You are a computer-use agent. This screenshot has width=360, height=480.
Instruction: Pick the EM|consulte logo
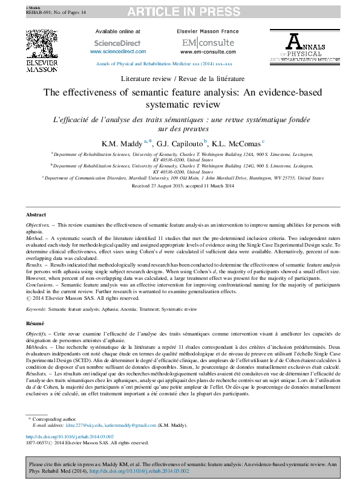point(201,43)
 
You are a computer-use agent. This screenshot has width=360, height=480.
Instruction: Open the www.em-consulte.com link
point(201,52)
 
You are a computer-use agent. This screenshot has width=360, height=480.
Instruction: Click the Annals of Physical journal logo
point(304,48)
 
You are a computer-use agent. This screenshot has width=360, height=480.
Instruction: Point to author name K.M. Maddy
point(121,144)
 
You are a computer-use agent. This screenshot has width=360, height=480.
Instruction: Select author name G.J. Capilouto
point(180,144)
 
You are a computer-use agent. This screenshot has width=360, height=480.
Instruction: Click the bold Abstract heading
point(36,215)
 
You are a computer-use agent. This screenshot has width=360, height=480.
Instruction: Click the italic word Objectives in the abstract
point(38,225)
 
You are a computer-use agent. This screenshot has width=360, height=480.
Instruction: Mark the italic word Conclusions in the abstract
point(40,284)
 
